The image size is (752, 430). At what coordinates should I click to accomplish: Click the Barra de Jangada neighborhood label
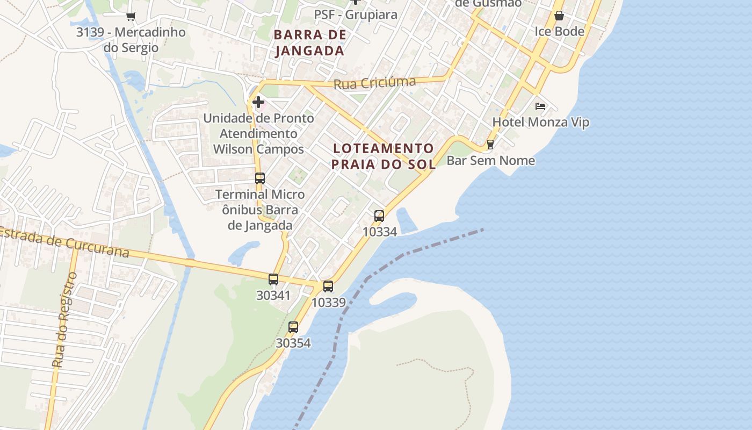309,43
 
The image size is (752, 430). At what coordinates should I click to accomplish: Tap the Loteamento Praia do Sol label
383,156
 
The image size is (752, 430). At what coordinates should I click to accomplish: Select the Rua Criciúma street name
374,83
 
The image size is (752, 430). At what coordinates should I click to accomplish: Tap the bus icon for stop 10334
379,216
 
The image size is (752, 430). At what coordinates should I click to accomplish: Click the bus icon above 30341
273,279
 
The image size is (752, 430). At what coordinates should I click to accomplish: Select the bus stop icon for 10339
328,286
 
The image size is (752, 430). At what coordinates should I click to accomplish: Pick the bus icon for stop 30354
293,327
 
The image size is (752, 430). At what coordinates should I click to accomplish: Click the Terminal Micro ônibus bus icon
260,178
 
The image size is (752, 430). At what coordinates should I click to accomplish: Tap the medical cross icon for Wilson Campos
258,102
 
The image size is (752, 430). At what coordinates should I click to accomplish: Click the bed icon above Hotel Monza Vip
540,106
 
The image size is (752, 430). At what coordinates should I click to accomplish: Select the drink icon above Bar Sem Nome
490,145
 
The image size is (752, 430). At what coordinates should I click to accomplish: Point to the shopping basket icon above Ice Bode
559,16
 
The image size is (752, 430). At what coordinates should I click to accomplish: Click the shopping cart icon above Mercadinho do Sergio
131,16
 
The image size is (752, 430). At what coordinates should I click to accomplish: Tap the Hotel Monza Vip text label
540,122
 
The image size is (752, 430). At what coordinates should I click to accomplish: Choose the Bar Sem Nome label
491,160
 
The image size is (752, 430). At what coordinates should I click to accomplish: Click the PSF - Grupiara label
356,15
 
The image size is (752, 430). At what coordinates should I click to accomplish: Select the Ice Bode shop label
559,31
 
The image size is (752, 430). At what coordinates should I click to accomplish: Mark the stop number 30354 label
293,343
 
